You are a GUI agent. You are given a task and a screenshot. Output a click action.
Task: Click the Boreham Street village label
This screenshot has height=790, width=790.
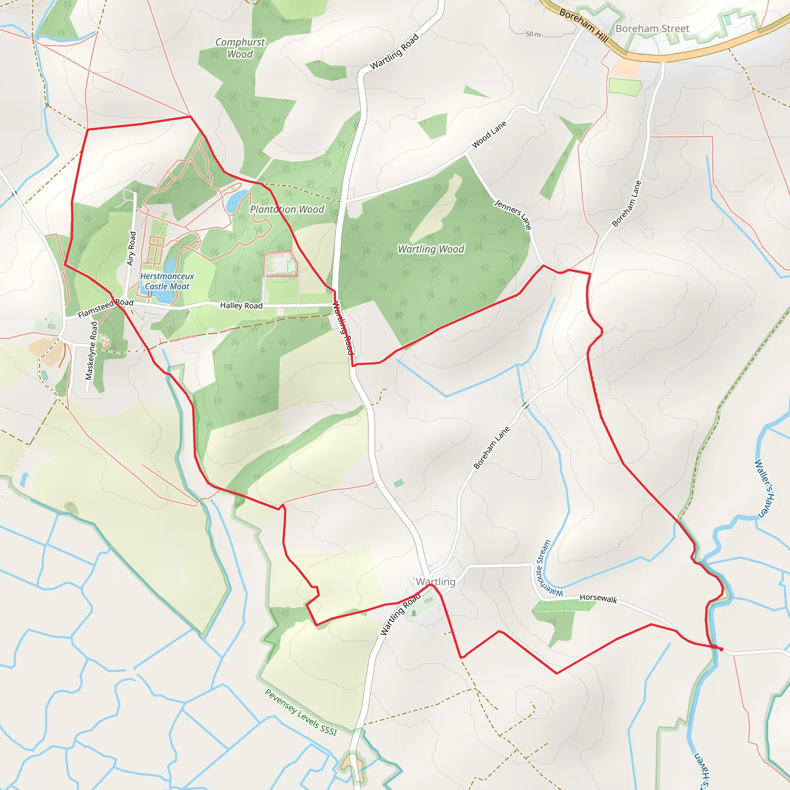652,29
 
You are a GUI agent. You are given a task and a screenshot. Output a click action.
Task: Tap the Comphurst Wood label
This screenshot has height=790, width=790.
240,48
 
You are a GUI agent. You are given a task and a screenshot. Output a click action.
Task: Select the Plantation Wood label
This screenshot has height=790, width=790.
287,209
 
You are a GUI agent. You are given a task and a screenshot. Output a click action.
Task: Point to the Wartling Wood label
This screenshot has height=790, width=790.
431,249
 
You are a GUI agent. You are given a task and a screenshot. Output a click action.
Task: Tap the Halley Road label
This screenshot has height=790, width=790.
241,305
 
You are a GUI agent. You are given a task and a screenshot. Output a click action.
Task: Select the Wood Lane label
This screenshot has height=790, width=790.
489,134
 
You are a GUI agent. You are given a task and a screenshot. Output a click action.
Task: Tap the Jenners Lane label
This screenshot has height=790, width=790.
513,214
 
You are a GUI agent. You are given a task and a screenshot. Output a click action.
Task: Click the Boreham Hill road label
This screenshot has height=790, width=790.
584,25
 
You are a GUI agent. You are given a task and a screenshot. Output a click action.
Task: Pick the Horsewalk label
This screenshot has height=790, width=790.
598,598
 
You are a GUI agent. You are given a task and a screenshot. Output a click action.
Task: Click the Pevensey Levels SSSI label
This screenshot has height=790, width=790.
301,712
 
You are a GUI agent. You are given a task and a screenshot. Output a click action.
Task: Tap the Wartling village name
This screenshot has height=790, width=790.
436,581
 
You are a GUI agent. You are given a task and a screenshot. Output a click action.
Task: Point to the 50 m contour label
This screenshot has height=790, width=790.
533,34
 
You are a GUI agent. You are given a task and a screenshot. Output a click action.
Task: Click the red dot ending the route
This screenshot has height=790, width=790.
721,649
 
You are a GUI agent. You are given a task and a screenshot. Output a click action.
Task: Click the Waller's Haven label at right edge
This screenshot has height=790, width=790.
764,488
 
